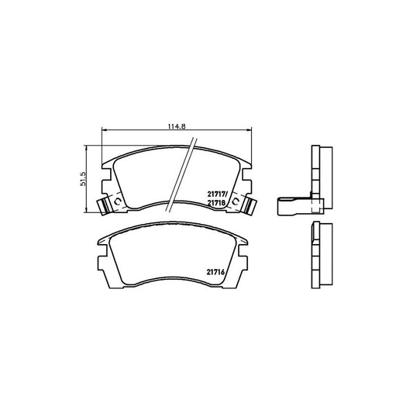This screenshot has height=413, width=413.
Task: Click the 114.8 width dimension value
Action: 177,126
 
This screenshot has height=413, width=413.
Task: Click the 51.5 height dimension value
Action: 83,179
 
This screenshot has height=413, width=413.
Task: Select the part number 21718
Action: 216,203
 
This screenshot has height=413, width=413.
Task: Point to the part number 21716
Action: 215,272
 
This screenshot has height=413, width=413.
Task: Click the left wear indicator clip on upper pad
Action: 105,205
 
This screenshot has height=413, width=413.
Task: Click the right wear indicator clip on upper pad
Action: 249,205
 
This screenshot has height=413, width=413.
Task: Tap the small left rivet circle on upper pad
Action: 117,201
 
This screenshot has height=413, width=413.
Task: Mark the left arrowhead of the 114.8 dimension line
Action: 103,129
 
